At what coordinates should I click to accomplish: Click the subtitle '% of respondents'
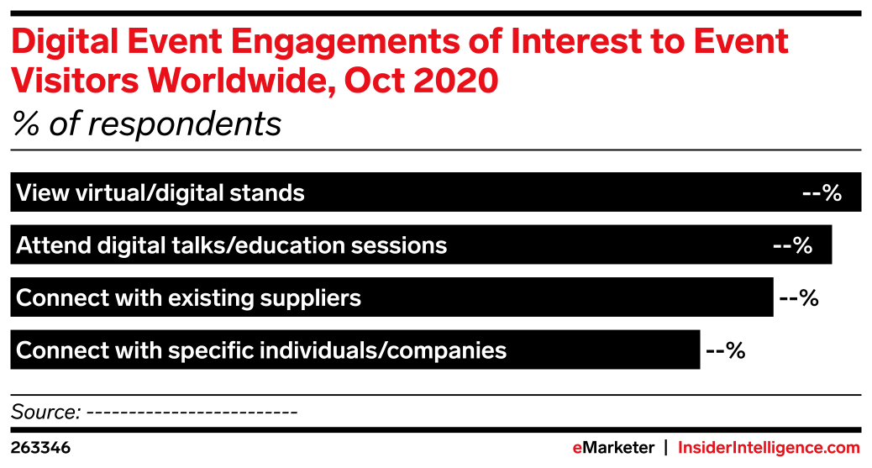(x=147, y=124)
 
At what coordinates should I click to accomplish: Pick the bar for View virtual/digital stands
(x=435, y=192)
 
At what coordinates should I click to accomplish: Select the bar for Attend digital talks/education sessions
(x=421, y=245)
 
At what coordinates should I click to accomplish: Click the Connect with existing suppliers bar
(x=391, y=297)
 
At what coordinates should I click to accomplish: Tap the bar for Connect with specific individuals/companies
(x=355, y=350)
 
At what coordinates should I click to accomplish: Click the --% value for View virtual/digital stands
(x=822, y=192)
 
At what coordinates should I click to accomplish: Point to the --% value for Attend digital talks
(x=793, y=245)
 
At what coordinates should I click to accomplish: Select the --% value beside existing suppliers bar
(x=799, y=297)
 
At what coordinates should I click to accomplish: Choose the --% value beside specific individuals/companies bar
(x=726, y=350)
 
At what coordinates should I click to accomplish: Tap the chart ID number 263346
(x=40, y=448)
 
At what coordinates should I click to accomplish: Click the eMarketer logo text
(x=613, y=447)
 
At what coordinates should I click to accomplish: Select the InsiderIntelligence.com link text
(x=769, y=447)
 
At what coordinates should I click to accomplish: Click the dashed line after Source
(x=192, y=413)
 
